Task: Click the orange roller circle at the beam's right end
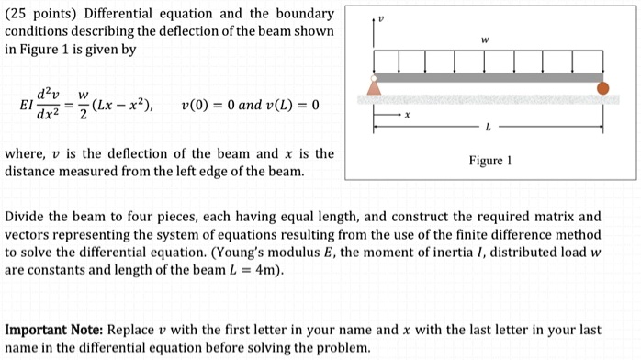pos(602,89)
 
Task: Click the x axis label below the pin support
pos(408,116)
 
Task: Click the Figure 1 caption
pos(489,160)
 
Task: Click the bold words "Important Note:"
pos(54,329)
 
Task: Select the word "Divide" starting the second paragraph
pos(27,218)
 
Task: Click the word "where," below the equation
pos(26,153)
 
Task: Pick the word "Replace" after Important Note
pos(135,329)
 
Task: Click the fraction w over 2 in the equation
pos(83,105)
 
